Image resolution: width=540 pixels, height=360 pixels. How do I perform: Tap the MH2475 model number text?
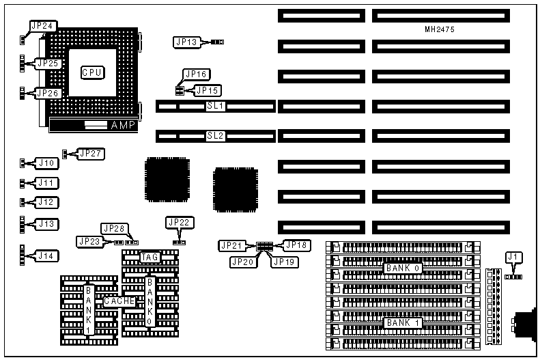click(440, 30)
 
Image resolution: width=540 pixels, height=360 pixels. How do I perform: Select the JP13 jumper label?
click(186, 42)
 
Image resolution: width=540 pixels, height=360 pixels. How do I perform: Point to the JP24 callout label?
click(42, 26)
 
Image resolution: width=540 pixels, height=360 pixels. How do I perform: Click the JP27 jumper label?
click(91, 154)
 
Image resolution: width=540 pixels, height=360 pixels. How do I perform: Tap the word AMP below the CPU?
click(123, 126)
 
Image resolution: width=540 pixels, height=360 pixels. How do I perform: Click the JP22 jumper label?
click(180, 222)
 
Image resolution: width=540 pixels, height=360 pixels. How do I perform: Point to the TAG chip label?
click(150, 257)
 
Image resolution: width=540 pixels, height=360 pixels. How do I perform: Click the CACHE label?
click(118, 301)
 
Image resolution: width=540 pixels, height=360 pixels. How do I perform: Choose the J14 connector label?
click(46, 256)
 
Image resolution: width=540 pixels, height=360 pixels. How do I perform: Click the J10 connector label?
click(46, 163)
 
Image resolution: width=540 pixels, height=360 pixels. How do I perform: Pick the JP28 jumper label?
click(113, 228)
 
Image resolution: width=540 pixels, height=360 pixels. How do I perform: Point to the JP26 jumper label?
click(49, 93)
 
